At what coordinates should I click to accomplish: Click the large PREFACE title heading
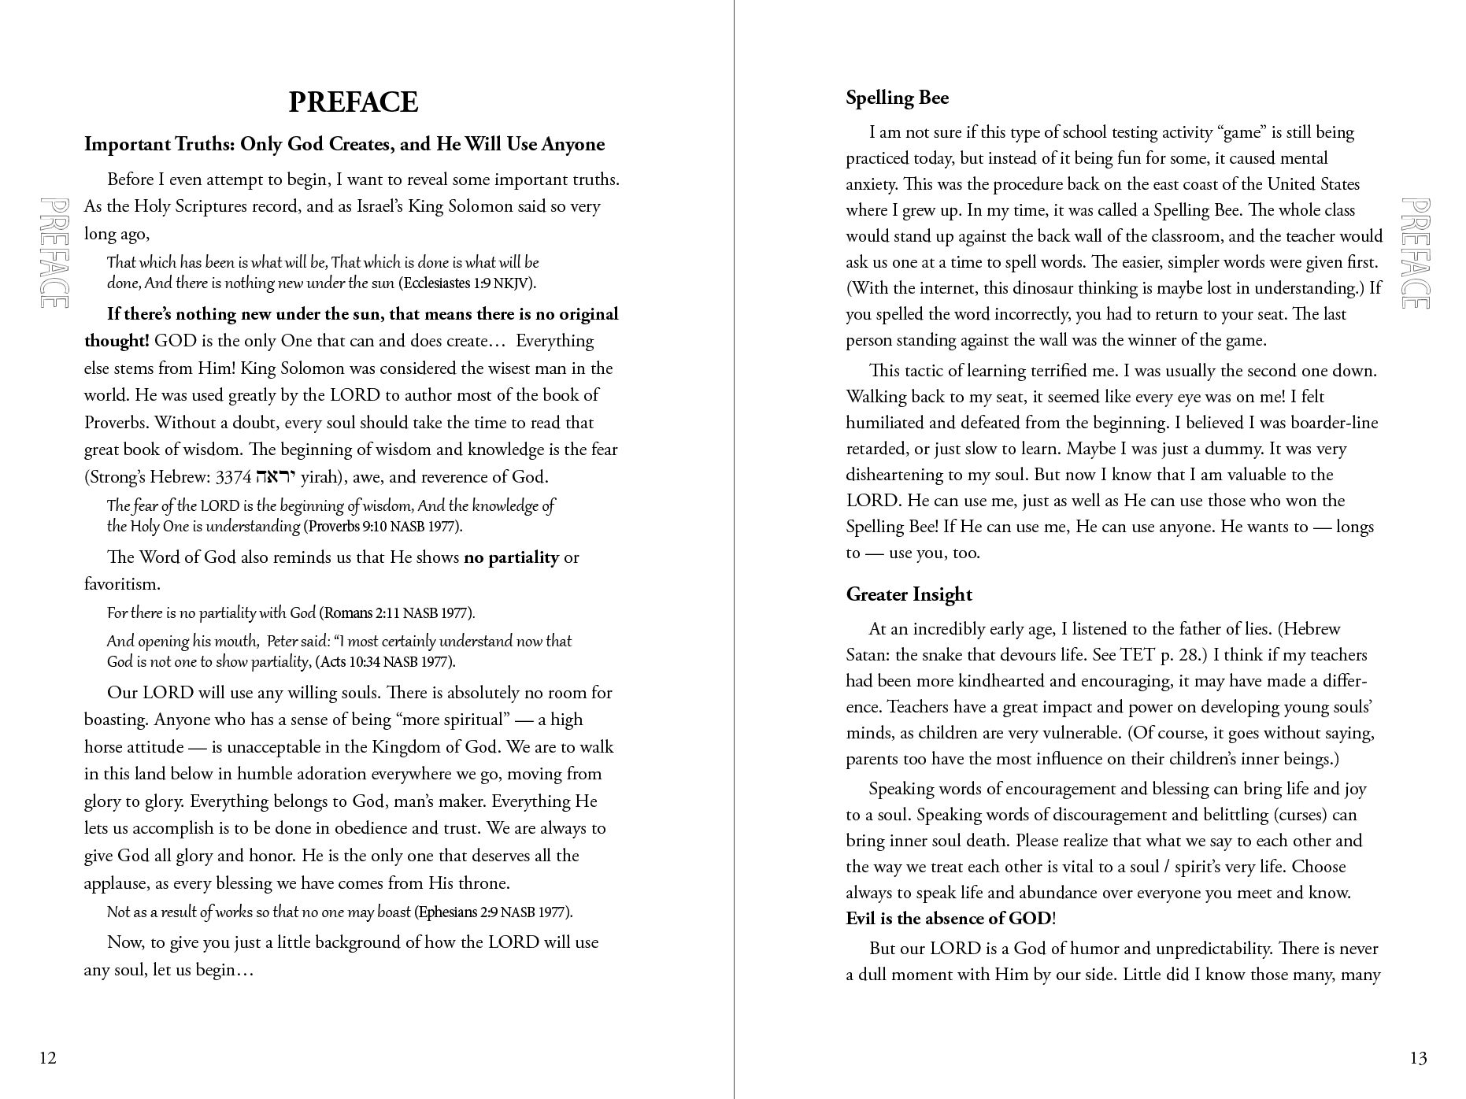(353, 102)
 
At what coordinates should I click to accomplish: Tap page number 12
(48, 1057)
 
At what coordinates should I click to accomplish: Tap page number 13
(1418, 1057)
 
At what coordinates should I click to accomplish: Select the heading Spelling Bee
(897, 98)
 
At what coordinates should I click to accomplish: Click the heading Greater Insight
(909, 594)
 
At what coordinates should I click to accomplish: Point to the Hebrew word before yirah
(276, 476)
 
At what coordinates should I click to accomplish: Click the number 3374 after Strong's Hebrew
(233, 477)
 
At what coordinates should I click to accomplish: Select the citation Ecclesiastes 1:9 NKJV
(467, 283)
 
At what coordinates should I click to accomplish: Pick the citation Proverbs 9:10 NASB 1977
(383, 527)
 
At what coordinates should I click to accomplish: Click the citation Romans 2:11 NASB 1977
(398, 613)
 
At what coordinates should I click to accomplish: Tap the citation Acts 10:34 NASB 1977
(385, 662)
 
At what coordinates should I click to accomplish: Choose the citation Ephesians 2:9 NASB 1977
(494, 912)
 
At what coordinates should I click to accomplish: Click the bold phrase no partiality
(511, 557)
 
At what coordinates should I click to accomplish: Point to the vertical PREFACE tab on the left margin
(54, 253)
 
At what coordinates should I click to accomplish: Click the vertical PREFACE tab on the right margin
(1415, 253)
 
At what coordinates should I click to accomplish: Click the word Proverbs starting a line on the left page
(116, 423)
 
